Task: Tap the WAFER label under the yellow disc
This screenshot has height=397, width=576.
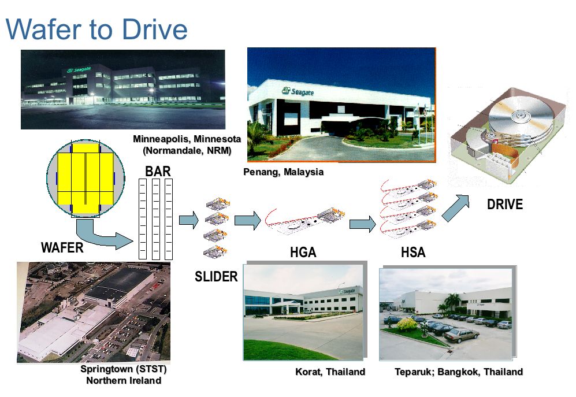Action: pyautogui.click(x=62, y=247)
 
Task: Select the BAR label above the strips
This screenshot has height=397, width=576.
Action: pyautogui.click(x=158, y=171)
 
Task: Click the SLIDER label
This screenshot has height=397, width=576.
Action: pyautogui.click(x=216, y=276)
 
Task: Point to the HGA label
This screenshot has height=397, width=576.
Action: pyautogui.click(x=303, y=252)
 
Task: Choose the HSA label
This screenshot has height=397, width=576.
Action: pyautogui.click(x=413, y=252)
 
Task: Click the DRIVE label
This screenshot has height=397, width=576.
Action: pyautogui.click(x=505, y=205)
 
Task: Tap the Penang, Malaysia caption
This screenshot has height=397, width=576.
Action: pyautogui.click(x=283, y=172)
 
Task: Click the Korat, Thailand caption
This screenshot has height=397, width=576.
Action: pyautogui.click(x=330, y=372)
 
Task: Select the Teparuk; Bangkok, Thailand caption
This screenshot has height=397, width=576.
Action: pyautogui.click(x=459, y=372)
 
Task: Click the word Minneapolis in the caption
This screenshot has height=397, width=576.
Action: pyautogui.click(x=161, y=139)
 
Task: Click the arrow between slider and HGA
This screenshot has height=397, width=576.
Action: pyautogui.click(x=248, y=221)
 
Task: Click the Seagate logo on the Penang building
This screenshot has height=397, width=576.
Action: pyautogui.click(x=298, y=91)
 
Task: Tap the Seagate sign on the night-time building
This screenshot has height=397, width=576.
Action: pyautogui.click(x=79, y=69)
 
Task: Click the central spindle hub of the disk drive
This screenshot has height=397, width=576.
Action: pyautogui.click(x=521, y=117)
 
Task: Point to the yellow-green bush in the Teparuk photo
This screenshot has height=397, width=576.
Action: pyautogui.click(x=407, y=324)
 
